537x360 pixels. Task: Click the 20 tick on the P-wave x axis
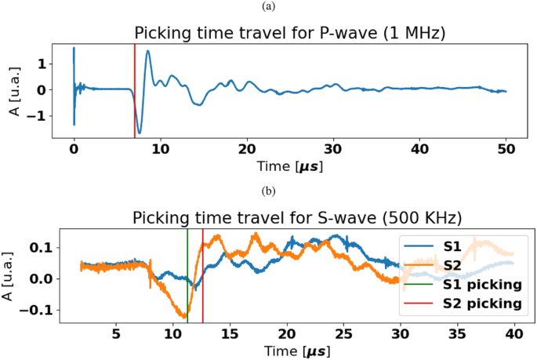247,148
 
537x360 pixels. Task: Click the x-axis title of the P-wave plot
289,166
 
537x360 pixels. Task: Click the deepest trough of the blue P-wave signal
140,132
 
